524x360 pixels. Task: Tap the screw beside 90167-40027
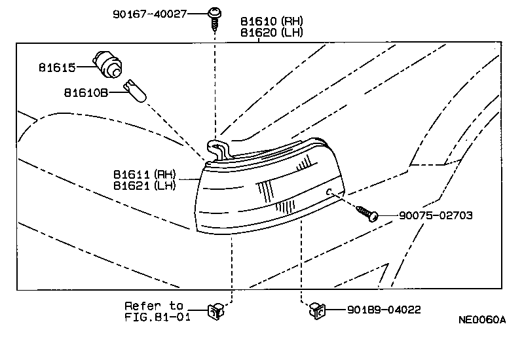coord(214,16)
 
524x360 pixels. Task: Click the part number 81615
coord(58,67)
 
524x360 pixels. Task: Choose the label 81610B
coord(85,92)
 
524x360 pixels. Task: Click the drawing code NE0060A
coord(482,320)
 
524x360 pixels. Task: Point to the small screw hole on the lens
coord(331,191)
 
